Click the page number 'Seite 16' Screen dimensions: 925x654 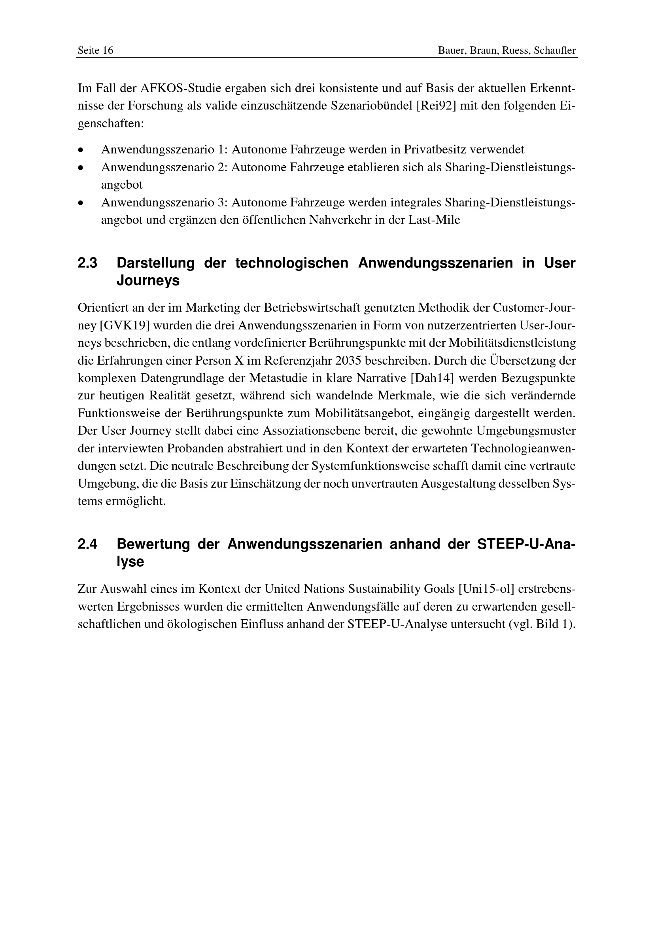pyautogui.click(x=95, y=50)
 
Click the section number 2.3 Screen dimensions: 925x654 pyautogui.click(x=87, y=263)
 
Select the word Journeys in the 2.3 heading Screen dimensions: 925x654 pyautogui.click(x=148, y=281)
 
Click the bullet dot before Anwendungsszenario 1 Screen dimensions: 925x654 pyautogui.click(x=81, y=150)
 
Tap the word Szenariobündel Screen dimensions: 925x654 pyautogui.click(x=370, y=106)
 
